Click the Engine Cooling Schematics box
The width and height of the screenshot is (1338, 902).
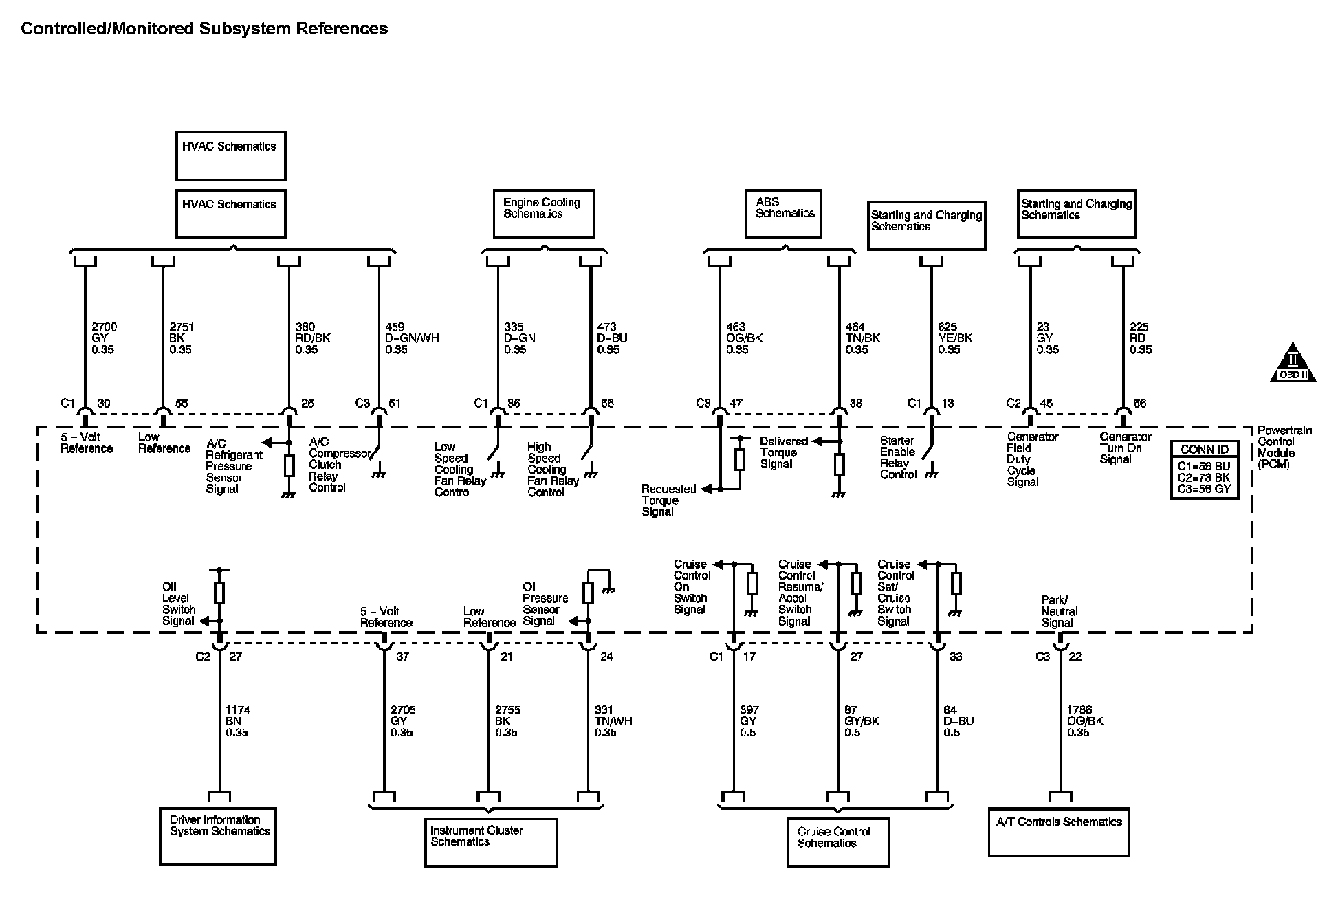tap(543, 214)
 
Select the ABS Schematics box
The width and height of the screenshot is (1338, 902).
tap(783, 214)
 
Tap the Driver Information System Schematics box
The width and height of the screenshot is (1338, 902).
tap(218, 835)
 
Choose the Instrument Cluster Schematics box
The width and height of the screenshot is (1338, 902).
tap(490, 842)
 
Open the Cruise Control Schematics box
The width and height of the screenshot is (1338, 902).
tap(837, 841)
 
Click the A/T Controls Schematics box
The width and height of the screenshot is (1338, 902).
tap(1058, 831)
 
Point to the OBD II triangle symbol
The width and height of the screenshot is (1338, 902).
tap(1293, 363)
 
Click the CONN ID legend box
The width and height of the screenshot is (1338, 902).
tap(1204, 470)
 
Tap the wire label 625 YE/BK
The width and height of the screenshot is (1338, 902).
tap(954, 338)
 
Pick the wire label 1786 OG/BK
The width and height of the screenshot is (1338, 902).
tap(1085, 721)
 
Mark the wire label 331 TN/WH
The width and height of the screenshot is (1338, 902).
tap(613, 721)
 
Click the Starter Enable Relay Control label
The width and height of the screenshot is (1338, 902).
tap(898, 457)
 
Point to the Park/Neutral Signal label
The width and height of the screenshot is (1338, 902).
tap(1059, 611)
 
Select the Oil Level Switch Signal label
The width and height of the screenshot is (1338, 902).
tap(179, 604)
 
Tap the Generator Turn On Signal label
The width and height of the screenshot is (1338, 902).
tap(1125, 448)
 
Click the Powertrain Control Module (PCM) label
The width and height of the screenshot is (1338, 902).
tap(1284, 447)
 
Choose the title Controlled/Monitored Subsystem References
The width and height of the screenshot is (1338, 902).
tap(204, 28)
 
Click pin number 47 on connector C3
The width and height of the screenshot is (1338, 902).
tap(736, 404)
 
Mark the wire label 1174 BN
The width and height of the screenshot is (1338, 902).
tap(237, 721)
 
